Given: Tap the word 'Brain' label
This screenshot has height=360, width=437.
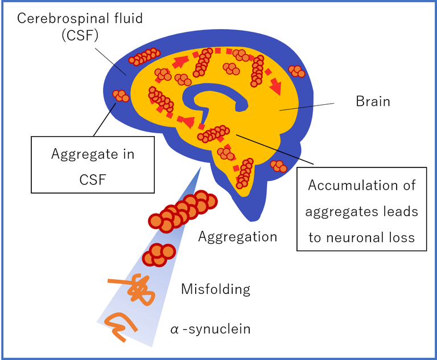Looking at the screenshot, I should [373, 101].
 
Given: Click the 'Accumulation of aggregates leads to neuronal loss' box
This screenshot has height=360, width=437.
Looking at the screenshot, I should [362, 208].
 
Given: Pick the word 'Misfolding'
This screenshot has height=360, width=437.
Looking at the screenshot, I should [215, 289].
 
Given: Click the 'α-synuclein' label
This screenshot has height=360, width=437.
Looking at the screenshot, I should [210, 329].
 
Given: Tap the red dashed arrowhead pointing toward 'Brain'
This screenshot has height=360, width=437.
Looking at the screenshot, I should [277, 88].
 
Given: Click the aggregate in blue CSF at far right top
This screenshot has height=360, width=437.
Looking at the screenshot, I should [296, 71].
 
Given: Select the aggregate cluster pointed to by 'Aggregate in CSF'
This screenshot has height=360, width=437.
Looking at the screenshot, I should [122, 96].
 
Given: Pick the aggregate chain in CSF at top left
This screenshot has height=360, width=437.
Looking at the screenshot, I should [145, 56].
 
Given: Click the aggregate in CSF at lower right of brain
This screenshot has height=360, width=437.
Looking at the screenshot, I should [278, 166].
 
